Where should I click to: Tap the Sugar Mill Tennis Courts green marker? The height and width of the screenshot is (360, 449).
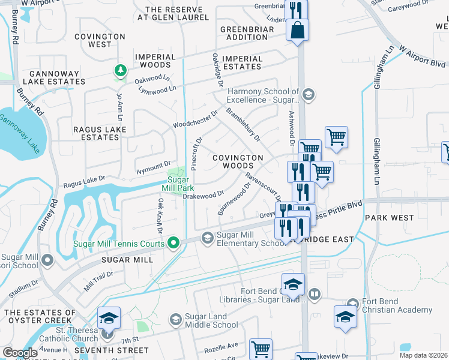tap(173, 243)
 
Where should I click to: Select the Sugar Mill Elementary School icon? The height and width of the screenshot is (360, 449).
tap(207, 238)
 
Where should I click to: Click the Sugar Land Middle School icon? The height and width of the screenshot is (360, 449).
tap(176, 319)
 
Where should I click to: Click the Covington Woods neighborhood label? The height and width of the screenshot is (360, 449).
tap(238, 161)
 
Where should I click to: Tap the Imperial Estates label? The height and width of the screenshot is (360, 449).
tap(242, 62)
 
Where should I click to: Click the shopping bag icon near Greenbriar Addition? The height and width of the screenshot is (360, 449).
tap(298, 29)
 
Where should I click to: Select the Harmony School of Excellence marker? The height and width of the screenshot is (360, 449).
tap(309, 94)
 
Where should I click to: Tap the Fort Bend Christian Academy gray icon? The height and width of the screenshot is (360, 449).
tap(352, 304)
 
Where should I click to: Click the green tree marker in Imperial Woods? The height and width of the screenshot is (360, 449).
tap(121, 71)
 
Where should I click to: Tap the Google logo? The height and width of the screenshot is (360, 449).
tap(20, 353)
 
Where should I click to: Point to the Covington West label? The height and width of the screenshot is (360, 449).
tap(100, 40)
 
